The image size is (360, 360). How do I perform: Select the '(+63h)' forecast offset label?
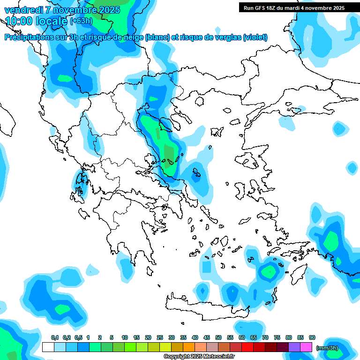tap(81, 21)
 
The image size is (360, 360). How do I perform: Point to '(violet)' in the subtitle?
tap(255, 37)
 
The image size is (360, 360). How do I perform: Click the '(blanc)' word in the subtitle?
tap(158, 37)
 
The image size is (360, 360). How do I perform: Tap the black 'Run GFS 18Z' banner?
tap(294, 8)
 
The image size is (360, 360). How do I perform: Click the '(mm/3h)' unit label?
tap(327, 348)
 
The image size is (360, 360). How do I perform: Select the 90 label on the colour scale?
tap(312, 337)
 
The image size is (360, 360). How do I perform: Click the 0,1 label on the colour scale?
tap(55, 337)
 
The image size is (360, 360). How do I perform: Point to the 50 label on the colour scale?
tap(218, 337)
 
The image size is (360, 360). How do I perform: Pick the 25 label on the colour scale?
tap(160, 337)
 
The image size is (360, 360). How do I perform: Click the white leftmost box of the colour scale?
tap(48, 347)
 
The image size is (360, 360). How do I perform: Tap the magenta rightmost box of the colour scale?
tap(306, 347)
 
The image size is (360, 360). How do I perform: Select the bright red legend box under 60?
tap(247, 347)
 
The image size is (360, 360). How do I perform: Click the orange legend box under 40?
tap(189, 347)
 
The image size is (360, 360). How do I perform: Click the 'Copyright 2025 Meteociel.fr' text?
tap(199, 356)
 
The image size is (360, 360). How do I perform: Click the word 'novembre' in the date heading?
tap(70, 9)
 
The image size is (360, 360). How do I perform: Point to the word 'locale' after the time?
tap(53, 21)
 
